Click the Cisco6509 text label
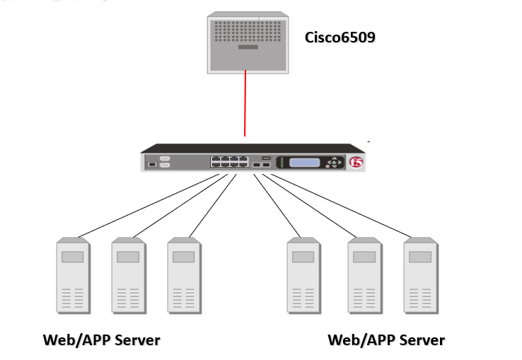(340, 37)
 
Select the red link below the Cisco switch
(245, 103)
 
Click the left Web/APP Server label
(101, 340)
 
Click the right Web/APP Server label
(386, 340)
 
